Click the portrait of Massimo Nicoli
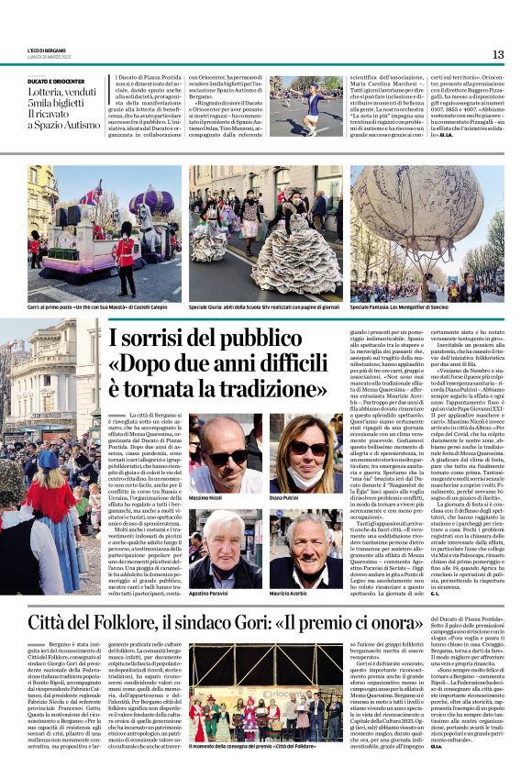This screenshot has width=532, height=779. pyautogui.click(x=222, y=451)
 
